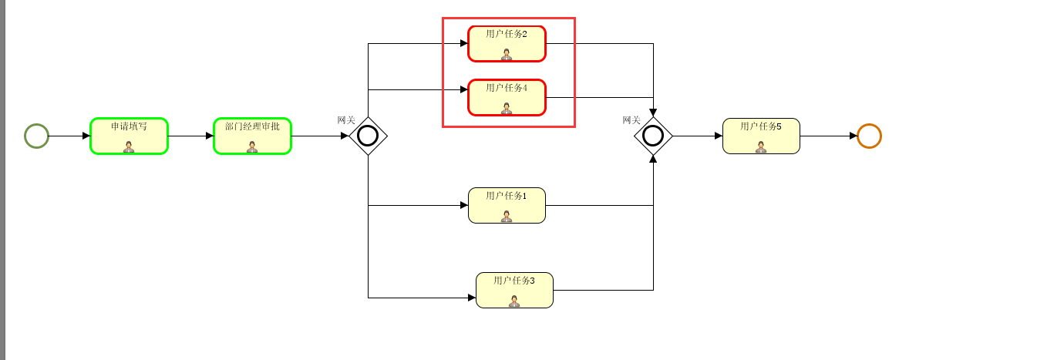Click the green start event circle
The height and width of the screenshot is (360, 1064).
[x=36, y=136]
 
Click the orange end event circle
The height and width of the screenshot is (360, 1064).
[x=869, y=136]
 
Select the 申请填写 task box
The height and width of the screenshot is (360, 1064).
[x=129, y=136]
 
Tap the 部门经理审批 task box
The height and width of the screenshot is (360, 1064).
[x=252, y=136]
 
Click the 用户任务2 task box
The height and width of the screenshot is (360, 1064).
[x=507, y=43]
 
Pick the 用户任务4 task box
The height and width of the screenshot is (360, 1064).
[x=507, y=97]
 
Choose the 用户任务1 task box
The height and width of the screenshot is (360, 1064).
[x=507, y=205]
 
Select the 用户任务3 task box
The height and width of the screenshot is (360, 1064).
[x=514, y=290]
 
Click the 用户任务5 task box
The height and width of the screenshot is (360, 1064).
[x=761, y=136]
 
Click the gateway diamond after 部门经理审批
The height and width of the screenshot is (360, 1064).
[x=368, y=136]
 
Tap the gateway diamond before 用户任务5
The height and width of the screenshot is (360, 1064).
[x=653, y=136]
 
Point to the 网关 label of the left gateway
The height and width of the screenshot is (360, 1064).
[x=346, y=120]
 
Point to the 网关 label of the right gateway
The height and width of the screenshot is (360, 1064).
[x=631, y=120]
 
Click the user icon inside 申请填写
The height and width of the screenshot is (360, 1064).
[x=129, y=146]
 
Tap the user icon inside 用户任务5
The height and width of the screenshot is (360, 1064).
[x=761, y=146]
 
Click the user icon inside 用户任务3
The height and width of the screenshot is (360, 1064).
[x=514, y=301]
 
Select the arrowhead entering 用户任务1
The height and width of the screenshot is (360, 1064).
[x=464, y=205]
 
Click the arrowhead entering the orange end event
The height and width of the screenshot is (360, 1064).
[x=854, y=136]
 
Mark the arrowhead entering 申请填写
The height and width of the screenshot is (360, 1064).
[x=86, y=136]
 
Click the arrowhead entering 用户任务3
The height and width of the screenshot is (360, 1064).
[x=472, y=298]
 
